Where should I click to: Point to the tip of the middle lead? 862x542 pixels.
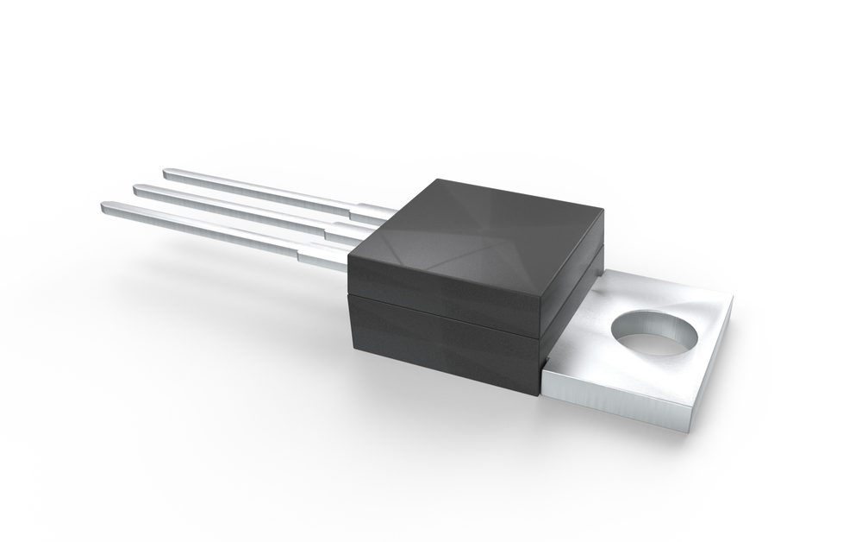(136, 187)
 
